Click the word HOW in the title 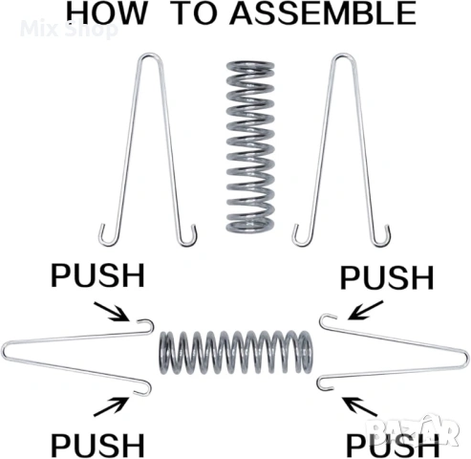pos(106,12)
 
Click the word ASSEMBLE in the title pos(323,12)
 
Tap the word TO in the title pos(195,12)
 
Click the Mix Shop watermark pos(69,29)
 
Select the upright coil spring pos(250,146)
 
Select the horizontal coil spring pos(236,352)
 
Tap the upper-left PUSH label pos(98,275)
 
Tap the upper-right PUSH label pos(387,277)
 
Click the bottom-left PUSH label pos(98,445)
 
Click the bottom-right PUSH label pos(393,445)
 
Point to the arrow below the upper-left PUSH pos(112,312)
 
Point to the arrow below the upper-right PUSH pos(365,310)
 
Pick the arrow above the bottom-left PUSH pos(112,406)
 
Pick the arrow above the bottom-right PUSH pos(359,406)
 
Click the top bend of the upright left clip pos(151,55)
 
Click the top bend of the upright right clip pos(343,55)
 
